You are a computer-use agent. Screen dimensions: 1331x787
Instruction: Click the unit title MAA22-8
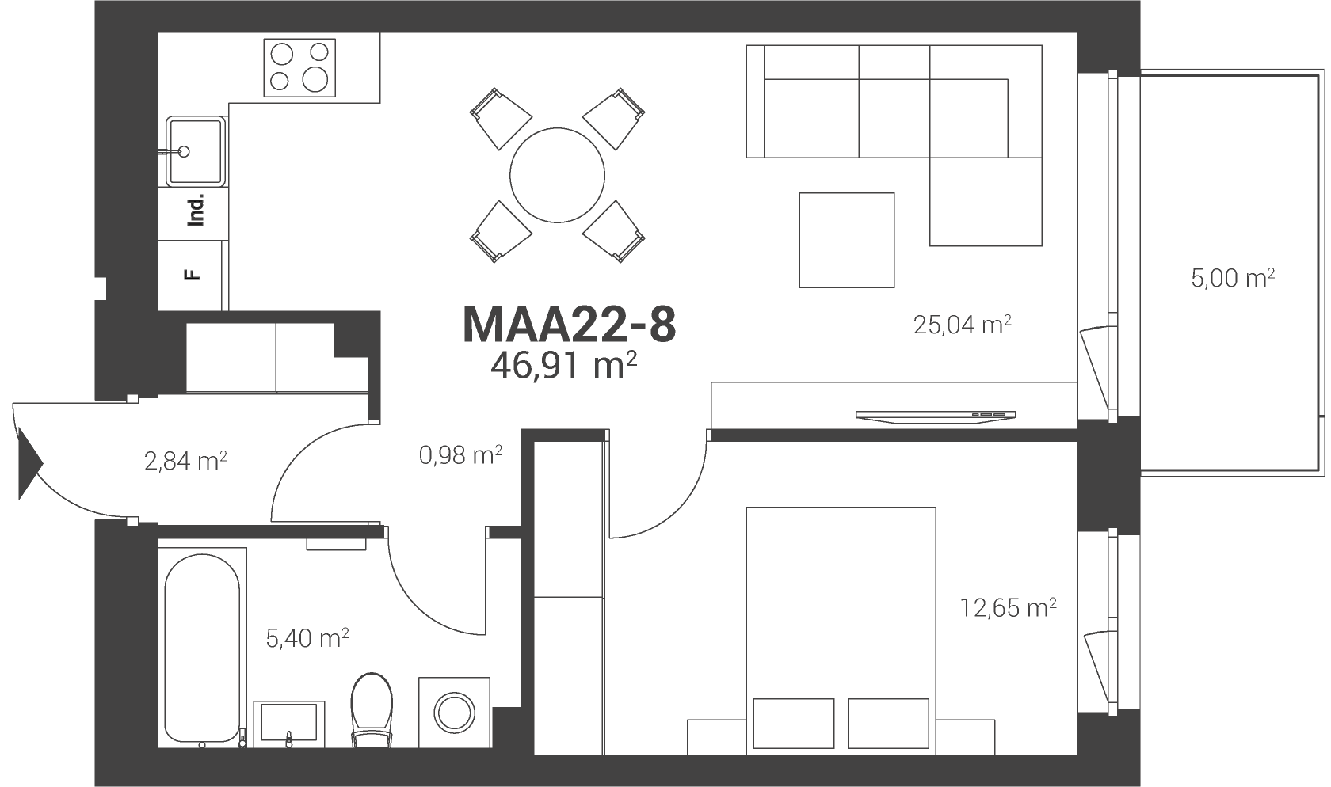tap(569, 325)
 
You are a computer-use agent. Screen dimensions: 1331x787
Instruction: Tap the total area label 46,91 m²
tap(563, 365)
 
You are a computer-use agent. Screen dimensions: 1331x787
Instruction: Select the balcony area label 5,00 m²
tap(1233, 278)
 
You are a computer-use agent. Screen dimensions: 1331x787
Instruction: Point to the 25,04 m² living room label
tap(962, 325)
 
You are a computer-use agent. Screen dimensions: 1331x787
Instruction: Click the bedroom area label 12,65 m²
tap(1009, 607)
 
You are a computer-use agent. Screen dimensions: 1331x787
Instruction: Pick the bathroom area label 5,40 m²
tap(307, 638)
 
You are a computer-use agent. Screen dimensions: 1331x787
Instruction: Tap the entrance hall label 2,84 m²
tap(185, 461)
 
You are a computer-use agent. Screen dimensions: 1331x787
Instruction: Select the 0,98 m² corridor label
tap(460, 455)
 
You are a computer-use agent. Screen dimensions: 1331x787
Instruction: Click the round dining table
tap(558, 175)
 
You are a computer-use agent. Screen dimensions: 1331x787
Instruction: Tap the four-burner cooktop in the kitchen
tap(299, 68)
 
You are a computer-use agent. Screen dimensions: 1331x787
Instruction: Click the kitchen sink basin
tap(196, 151)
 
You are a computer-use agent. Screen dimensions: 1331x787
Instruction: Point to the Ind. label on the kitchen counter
tap(196, 209)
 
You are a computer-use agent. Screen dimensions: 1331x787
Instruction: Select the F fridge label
tap(192, 275)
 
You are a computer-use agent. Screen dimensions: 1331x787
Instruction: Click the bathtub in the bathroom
tap(202, 648)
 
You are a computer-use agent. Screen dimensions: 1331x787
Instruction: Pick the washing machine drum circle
tap(455, 713)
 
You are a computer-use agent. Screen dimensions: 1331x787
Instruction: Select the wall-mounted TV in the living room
tap(936, 417)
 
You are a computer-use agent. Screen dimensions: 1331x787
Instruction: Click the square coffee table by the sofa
tap(847, 240)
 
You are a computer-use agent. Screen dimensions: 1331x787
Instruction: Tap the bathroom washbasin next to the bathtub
tap(289, 724)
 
